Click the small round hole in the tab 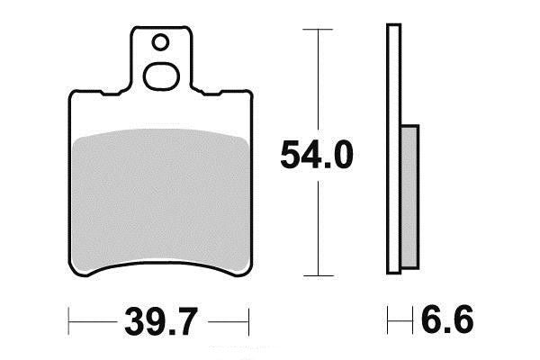pos(160,42)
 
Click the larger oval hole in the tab pos(161,76)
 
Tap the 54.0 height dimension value pos(317,154)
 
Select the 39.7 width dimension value pos(161,321)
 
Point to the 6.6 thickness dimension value pos(447,320)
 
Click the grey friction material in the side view pos(410,197)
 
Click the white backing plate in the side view pos(394,148)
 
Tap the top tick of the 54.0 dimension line pos(318,30)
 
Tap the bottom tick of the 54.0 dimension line pos(319,275)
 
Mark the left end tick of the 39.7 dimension pos(69,321)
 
